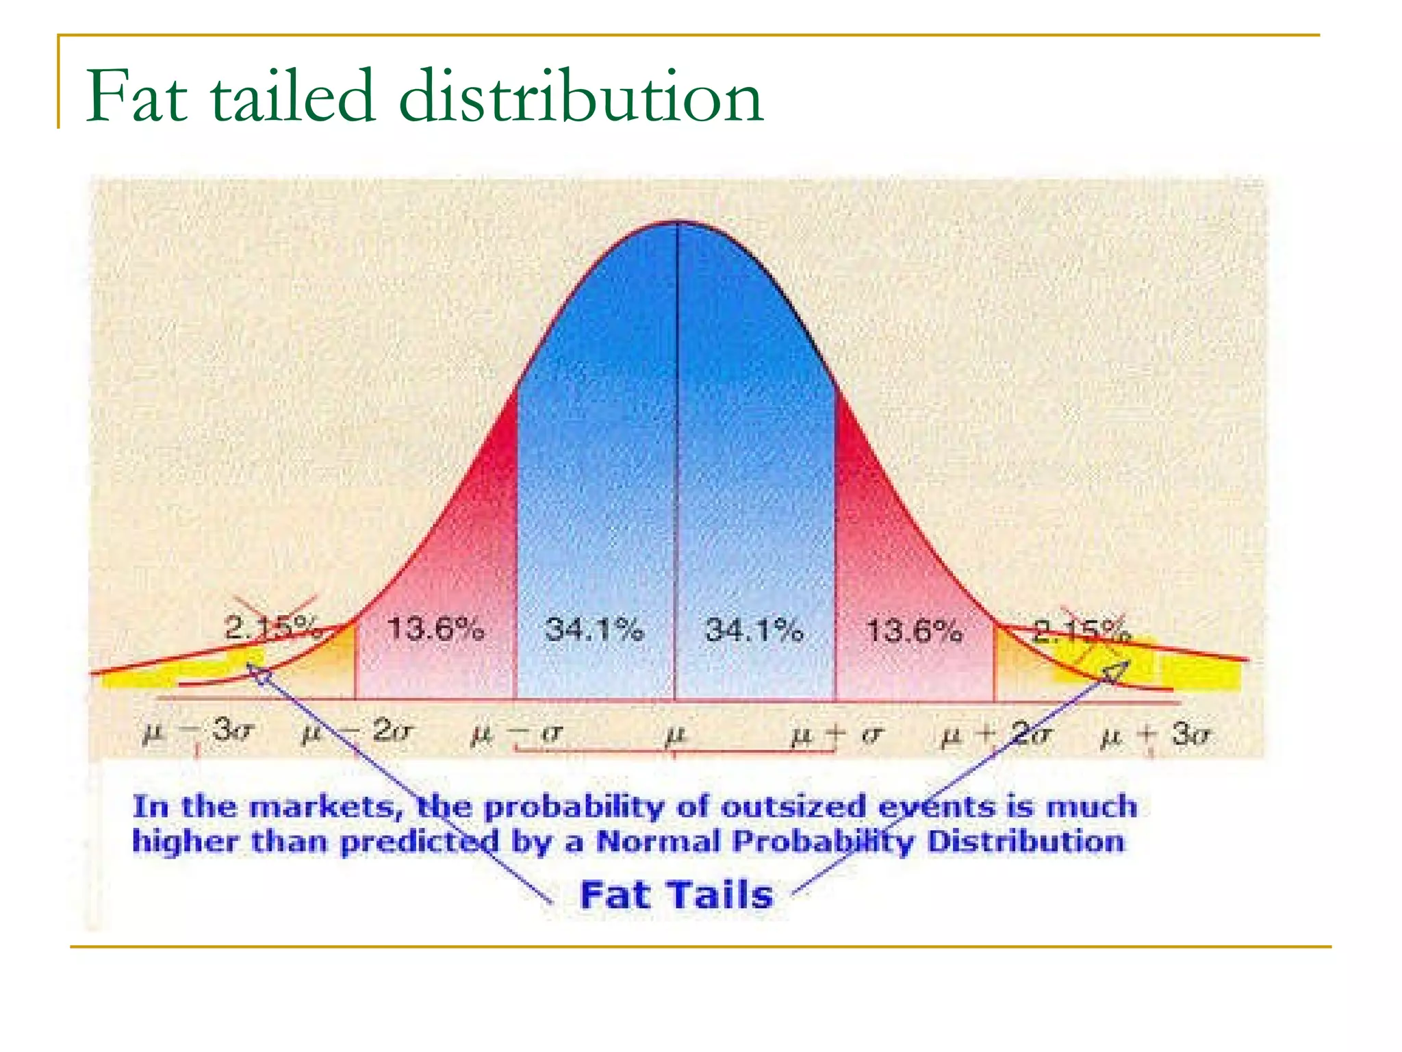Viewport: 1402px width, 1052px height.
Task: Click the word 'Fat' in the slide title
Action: (x=137, y=97)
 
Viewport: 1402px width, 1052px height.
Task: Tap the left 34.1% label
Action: (x=594, y=629)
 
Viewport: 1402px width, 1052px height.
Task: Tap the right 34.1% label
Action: (x=754, y=629)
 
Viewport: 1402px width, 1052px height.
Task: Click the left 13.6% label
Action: (x=436, y=629)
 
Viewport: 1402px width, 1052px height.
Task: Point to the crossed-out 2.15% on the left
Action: (x=272, y=626)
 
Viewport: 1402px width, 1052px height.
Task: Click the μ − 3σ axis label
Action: (x=199, y=733)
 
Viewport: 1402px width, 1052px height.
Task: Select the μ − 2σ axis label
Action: (x=357, y=733)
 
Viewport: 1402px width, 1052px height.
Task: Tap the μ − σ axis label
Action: (x=517, y=734)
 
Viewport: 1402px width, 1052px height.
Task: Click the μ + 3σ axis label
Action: (x=1156, y=734)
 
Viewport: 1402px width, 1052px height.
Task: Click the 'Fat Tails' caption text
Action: (x=676, y=894)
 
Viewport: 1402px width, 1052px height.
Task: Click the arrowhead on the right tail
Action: (x=1114, y=671)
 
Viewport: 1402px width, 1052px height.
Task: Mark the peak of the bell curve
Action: (x=676, y=222)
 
